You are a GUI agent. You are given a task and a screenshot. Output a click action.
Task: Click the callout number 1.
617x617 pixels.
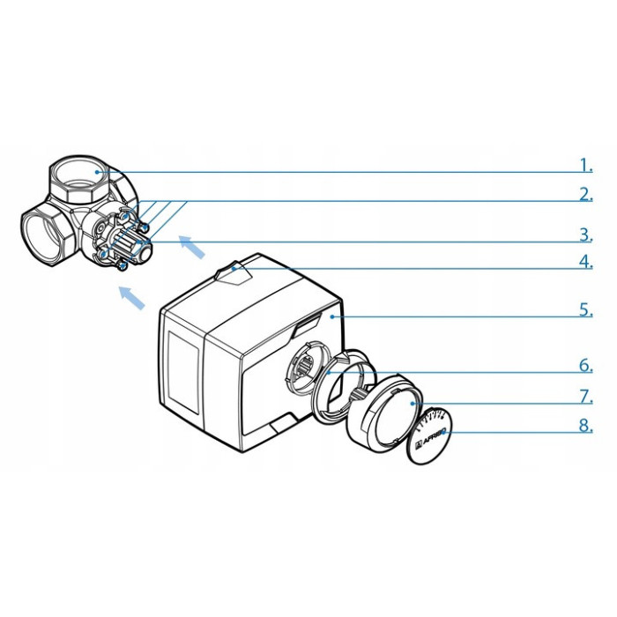(586, 166)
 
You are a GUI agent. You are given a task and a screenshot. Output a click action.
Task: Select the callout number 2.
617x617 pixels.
(586, 195)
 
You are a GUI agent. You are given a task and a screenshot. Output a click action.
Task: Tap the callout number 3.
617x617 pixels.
(586, 235)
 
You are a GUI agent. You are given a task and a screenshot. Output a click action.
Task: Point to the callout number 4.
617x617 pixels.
(586, 262)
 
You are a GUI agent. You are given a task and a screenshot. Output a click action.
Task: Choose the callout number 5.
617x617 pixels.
(586, 310)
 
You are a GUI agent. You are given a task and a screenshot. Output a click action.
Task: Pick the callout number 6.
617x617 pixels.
(586, 366)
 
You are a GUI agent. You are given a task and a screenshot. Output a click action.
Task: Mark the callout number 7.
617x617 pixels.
(586, 397)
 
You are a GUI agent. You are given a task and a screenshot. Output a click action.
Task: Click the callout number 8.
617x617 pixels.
(586, 426)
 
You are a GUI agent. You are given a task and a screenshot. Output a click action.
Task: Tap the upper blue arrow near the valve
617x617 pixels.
(192, 247)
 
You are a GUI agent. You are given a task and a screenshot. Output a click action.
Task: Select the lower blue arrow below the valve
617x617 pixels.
(132, 298)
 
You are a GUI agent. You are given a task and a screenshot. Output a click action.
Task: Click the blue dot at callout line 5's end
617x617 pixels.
(332, 316)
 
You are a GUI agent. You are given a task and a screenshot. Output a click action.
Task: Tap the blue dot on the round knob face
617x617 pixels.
(413, 404)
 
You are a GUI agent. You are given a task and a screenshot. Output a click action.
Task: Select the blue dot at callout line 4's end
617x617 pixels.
(234, 269)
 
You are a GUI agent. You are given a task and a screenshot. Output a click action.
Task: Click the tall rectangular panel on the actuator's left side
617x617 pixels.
(183, 371)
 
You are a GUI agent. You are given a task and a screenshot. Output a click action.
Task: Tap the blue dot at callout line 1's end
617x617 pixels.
(96, 172)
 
